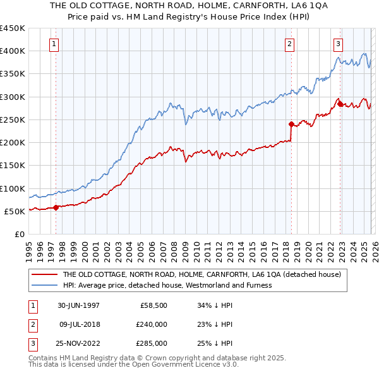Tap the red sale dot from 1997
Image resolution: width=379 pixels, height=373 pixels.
pyautogui.click(x=56, y=207)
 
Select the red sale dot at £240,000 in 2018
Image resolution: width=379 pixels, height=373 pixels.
pyautogui.click(x=291, y=124)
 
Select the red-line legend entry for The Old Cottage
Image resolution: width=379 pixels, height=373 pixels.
pyautogui.click(x=202, y=274)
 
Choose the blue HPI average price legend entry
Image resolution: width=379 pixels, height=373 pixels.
pyautogui.click(x=167, y=285)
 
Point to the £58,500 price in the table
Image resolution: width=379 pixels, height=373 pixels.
pyautogui.click(x=152, y=305)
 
